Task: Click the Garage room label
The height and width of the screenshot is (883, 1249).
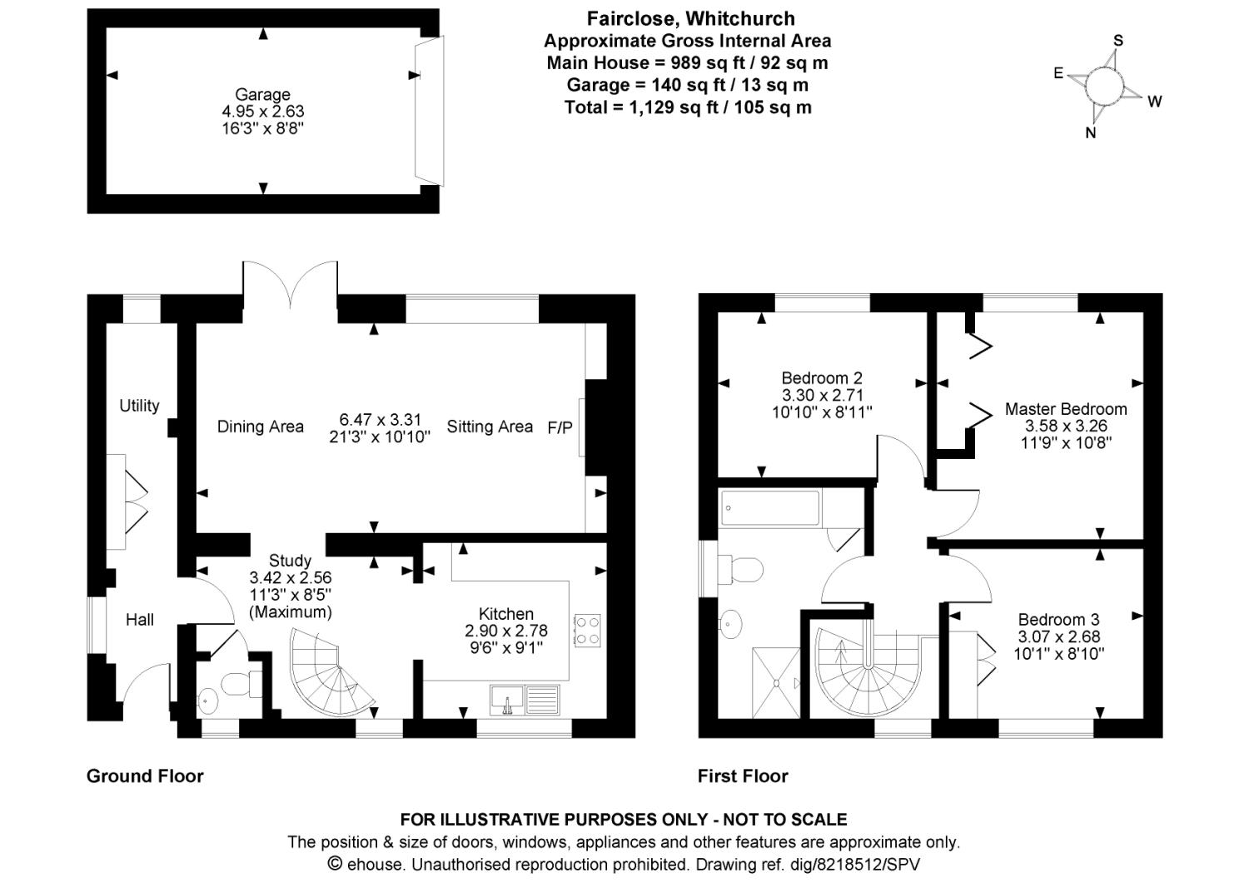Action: [262, 95]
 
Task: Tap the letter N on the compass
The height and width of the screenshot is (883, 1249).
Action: [1091, 133]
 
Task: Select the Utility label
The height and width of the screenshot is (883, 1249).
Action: [139, 406]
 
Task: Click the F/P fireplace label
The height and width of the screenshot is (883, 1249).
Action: [560, 427]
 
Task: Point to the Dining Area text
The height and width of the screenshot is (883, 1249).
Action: [260, 427]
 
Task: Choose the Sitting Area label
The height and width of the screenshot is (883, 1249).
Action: [490, 427]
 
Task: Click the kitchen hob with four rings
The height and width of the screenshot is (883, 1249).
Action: [587, 629]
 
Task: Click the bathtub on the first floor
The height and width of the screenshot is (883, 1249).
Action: [770, 508]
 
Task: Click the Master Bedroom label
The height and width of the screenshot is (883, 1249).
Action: [1066, 409]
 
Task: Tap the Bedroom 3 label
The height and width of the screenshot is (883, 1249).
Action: [1058, 620]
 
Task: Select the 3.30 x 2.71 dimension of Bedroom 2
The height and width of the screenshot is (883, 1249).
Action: [823, 395]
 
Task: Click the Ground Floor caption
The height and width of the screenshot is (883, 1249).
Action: [145, 776]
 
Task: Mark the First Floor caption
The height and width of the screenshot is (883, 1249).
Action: [743, 776]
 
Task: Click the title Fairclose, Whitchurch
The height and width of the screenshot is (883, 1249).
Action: [690, 18]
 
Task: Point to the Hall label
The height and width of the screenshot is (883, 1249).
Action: [140, 620]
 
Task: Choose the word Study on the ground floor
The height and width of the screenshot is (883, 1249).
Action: [290, 561]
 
